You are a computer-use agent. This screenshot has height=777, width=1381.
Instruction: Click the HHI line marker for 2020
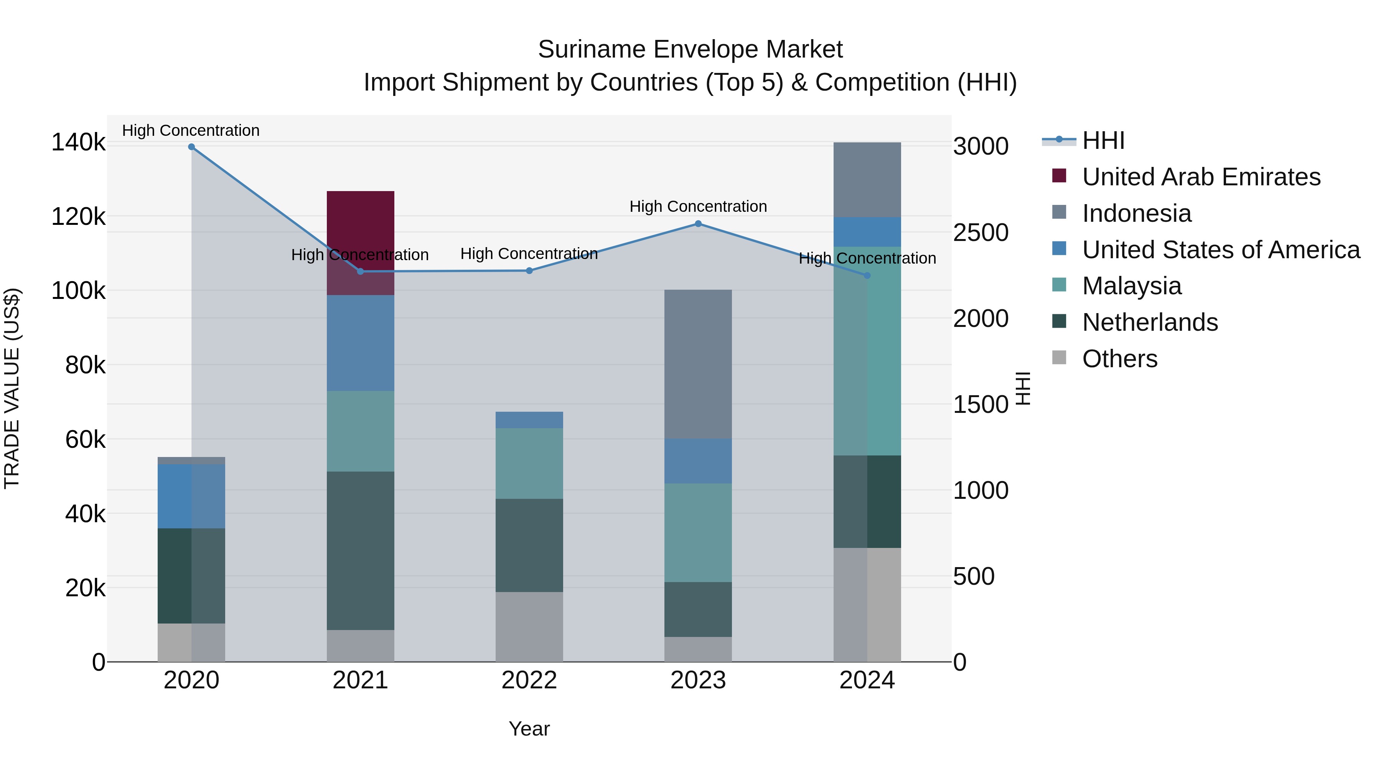191,147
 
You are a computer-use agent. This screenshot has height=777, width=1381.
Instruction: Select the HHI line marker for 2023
698,224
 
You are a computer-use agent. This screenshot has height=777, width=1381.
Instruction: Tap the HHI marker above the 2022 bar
529,271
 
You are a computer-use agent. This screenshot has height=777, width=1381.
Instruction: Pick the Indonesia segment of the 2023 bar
698,365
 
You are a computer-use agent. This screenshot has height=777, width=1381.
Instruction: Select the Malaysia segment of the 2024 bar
867,351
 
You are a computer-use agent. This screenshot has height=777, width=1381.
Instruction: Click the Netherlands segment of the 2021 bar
360,551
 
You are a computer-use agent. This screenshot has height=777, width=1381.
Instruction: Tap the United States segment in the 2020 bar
191,497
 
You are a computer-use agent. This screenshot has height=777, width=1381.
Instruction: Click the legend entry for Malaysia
1131,286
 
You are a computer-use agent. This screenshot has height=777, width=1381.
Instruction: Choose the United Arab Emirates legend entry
1201,177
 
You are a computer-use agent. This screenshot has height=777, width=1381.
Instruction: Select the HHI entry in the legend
1103,140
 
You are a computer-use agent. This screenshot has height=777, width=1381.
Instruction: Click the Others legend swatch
1059,358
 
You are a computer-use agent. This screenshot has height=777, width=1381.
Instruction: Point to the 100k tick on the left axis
78,291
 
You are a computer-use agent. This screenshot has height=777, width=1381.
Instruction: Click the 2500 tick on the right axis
981,233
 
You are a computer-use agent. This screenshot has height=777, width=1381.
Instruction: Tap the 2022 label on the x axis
529,680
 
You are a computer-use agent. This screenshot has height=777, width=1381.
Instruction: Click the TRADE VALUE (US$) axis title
12,388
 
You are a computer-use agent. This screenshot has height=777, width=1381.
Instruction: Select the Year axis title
529,729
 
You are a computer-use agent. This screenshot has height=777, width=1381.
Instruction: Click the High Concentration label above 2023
698,206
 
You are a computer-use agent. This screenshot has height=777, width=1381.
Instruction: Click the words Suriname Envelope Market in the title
690,49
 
